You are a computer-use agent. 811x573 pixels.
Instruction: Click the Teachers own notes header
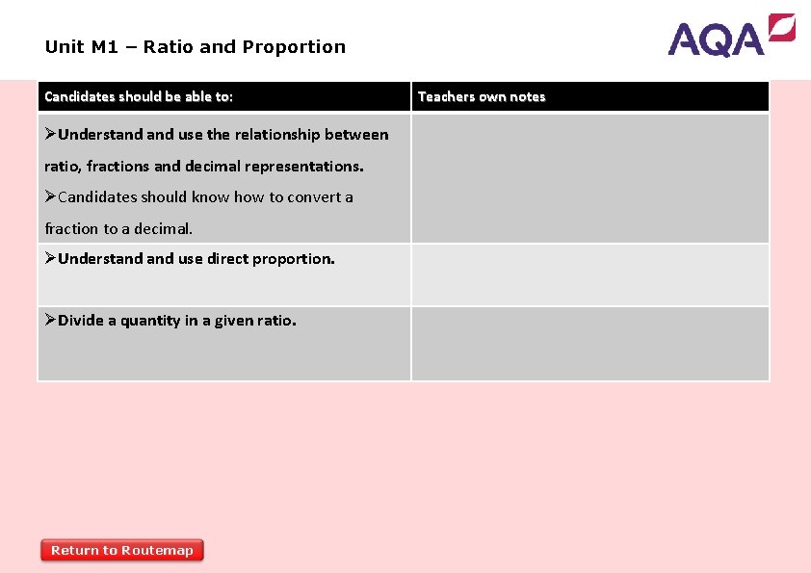coord(482,96)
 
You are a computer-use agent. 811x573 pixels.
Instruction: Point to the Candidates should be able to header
coord(139,96)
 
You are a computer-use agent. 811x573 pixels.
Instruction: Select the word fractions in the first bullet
coord(117,166)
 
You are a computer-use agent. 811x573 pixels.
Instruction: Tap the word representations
coord(303,166)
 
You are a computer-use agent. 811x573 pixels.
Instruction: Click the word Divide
coord(80,321)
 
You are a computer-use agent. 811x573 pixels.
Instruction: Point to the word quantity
coord(151,321)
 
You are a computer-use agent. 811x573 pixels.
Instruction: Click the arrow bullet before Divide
coord(50,320)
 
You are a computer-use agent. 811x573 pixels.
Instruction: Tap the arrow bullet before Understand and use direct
coord(50,258)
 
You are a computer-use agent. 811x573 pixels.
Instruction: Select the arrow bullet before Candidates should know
coord(50,196)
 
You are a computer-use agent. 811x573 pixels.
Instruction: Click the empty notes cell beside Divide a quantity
coord(589,344)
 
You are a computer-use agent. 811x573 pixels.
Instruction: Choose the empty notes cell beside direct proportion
coord(589,274)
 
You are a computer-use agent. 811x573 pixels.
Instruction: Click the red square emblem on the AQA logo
coord(782,27)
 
